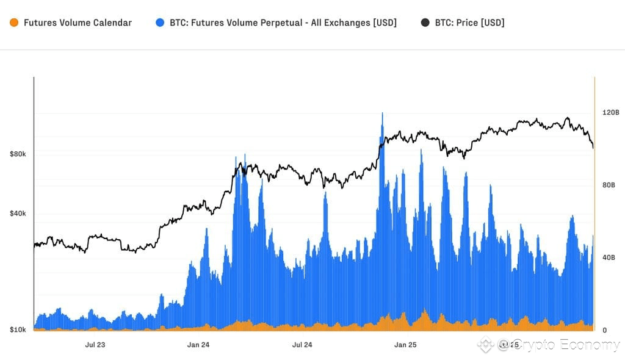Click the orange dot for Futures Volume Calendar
(x=13, y=23)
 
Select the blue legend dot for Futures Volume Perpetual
(x=160, y=23)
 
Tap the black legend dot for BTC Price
(x=425, y=23)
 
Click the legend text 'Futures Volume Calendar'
(x=78, y=23)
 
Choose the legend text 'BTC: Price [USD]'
(x=469, y=23)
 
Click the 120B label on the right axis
(x=610, y=113)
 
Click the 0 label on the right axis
(x=605, y=330)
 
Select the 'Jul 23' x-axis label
(x=95, y=345)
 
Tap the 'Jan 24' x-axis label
(x=198, y=345)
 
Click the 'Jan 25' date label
(x=405, y=345)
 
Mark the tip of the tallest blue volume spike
(x=382, y=113)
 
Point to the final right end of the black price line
(x=593, y=147)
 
